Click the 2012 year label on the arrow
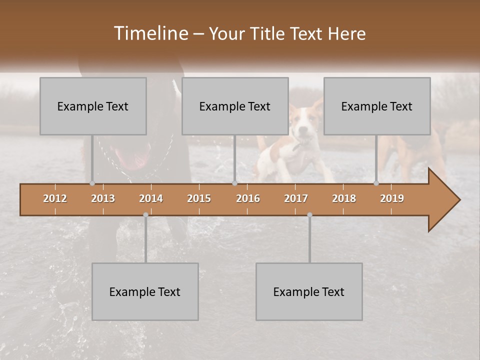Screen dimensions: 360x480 [55, 198]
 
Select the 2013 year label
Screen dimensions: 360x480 [103, 198]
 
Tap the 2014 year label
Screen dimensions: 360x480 [151, 198]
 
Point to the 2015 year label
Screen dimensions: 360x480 [199, 198]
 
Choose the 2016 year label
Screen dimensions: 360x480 [248, 198]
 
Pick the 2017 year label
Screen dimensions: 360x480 [296, 198]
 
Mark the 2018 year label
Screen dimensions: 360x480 [344, 198]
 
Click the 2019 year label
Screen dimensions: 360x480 [392, 198]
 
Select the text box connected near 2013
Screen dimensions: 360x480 [93, 106]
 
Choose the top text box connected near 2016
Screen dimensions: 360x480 [235, 106]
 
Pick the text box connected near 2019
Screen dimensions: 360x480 [377, 106]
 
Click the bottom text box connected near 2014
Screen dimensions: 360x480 [145, 291]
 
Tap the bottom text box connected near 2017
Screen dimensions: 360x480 [309, 291]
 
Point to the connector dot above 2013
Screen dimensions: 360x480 [92, 183]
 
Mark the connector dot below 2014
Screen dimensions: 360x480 [145, 215]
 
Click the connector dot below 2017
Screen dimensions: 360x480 [309, 215]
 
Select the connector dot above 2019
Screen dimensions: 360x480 [376, 183]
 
